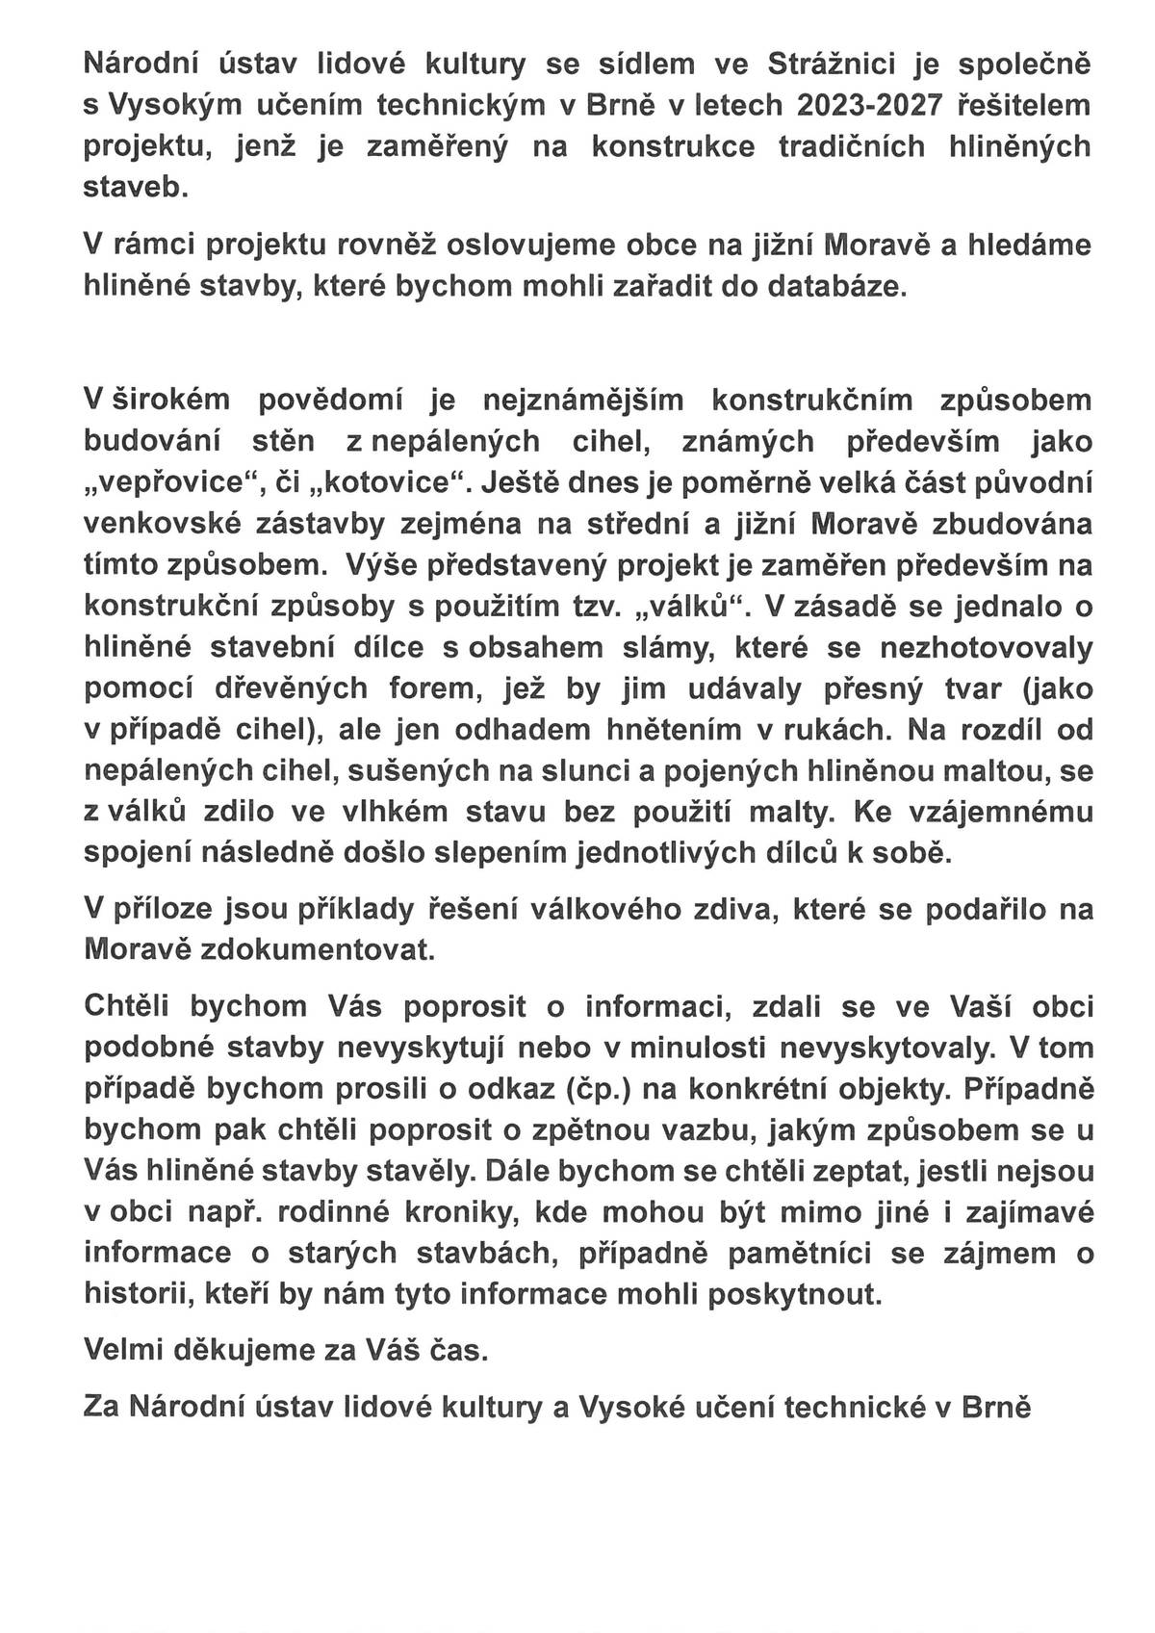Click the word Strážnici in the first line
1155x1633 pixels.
pos(846,65)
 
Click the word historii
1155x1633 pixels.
pos(139,1295)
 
